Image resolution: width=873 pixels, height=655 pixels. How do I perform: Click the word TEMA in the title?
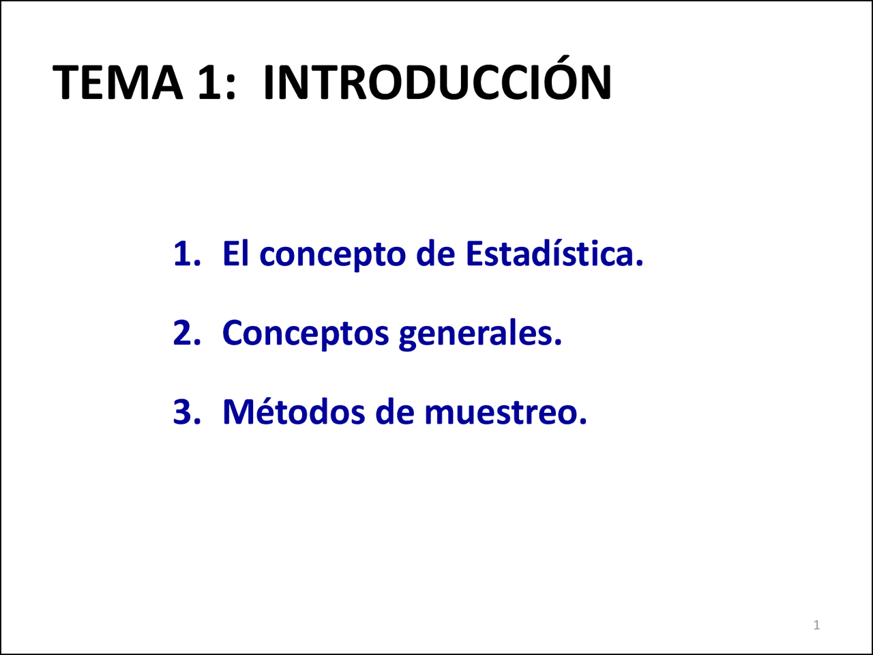click(117, 83)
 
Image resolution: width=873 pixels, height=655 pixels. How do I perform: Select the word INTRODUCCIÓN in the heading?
click(436, 83)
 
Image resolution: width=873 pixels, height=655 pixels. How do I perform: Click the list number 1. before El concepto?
click(186, 254)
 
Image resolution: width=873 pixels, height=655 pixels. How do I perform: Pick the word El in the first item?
click(235, 254)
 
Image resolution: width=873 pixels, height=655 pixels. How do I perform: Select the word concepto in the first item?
click(332, 256)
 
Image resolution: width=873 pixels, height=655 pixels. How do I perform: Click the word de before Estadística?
click(435, 254)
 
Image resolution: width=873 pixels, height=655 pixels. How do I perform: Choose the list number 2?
click(186, 334)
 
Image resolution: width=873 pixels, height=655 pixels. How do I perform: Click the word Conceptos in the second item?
click(305, 334)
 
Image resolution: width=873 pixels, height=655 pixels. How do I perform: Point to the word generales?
click(479, 334)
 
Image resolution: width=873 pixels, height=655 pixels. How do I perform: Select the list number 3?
click(186, 412)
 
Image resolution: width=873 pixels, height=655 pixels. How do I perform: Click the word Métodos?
click(294, 412)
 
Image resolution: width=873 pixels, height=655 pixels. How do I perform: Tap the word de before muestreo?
click(395, 412)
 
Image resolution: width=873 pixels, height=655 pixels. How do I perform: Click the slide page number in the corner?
click(816, 625)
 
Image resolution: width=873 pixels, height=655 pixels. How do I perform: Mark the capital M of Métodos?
click(237, 412)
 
